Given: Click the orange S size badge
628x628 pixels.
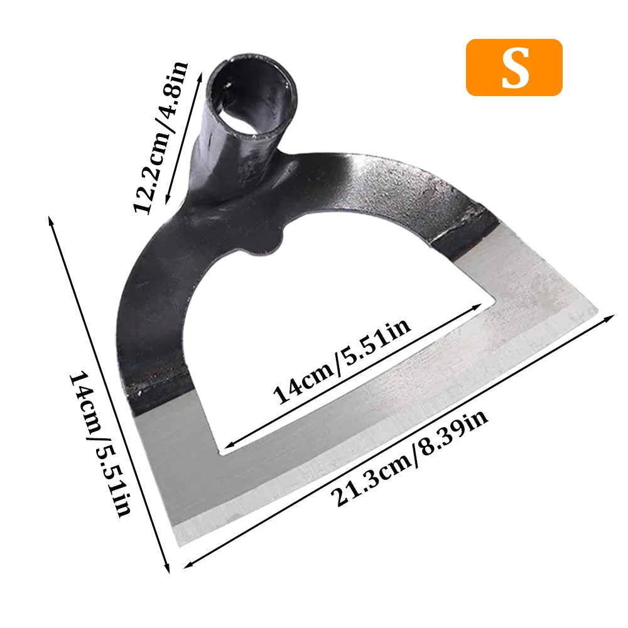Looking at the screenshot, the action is (514, 67).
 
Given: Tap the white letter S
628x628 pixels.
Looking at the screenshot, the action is (516, 68).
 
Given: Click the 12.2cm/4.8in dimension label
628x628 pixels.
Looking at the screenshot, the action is (160, 137).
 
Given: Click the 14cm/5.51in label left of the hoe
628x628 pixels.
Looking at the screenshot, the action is (100, 444).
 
